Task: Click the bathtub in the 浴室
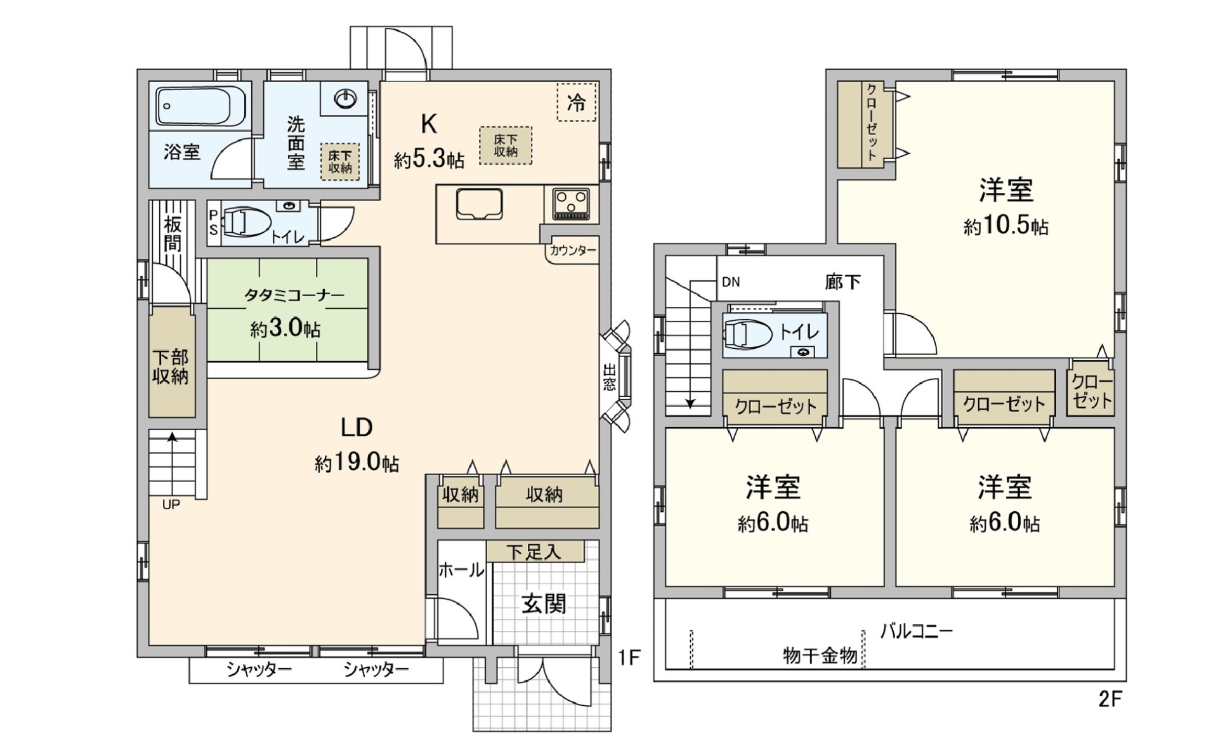click(200, 106)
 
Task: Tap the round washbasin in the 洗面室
click(345, 98)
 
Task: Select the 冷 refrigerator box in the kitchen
click(577, 102)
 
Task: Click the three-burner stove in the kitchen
click(572, 204)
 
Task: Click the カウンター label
click(573, 251)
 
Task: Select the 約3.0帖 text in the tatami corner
click(285, 329)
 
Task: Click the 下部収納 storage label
click(171, 367)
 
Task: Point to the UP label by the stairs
click(171, 505)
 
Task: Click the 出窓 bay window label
click(610, 377)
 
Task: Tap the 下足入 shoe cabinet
click(534, 551)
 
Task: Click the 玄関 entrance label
click(544, 604)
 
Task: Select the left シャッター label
click(259, 670)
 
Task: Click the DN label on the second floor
click(731, 282)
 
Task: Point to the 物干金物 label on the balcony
click(820, 655)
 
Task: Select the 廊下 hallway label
click(843, 282)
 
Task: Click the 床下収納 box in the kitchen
click(506, 146)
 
